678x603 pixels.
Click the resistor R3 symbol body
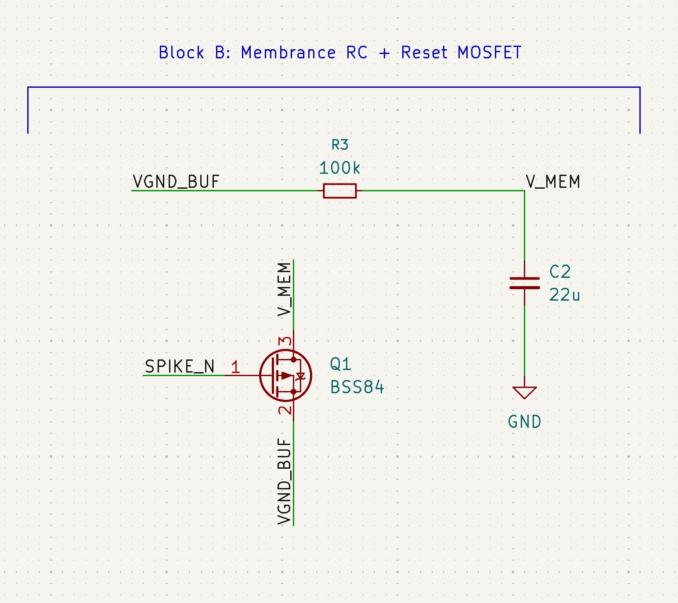point(339,191)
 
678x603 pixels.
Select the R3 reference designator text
point(340,144)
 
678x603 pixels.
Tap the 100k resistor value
point(339,168)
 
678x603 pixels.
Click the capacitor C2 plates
point(524,283)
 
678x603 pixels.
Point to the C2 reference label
point(560,272)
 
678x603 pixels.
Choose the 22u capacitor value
point(564,295)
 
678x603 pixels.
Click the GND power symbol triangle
point(524,392)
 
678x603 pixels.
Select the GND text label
point(524,422)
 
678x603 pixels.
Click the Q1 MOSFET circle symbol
point(285,375)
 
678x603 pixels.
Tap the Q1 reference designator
point(340,364)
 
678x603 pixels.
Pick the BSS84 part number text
point(357,388)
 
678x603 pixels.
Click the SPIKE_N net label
point(180,366)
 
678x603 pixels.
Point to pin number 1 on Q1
point(235,367)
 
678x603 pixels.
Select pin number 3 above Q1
point(285,341)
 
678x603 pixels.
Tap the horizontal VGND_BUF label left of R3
point(176,182)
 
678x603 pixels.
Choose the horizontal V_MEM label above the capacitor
point(553,182)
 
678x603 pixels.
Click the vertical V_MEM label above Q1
point(285,289)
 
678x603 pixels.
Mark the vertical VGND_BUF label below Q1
point(285,481)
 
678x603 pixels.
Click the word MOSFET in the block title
point(489,53)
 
